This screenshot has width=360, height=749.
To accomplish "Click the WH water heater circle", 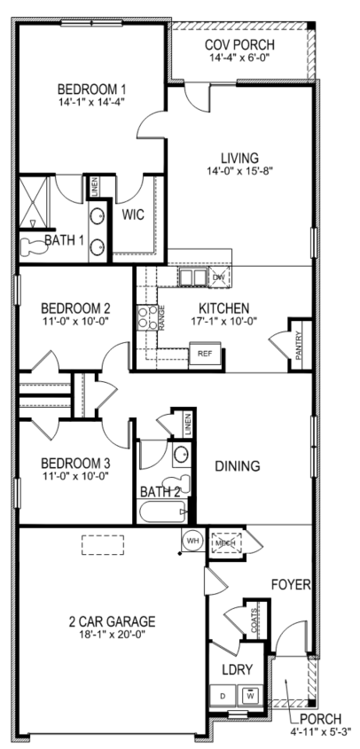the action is [192, 540].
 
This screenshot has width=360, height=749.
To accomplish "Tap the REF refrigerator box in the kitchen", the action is [206, 355].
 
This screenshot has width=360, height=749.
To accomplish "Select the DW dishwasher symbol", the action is [219, 277].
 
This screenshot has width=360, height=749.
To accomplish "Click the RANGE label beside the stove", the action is [161, 317].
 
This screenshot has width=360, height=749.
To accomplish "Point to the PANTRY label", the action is [298, 347].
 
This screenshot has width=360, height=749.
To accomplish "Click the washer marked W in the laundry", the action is [250, 696].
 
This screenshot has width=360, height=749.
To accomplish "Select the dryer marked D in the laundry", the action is [223, 696].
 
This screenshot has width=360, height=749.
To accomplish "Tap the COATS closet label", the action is [254, 617].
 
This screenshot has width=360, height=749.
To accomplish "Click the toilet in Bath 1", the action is [32, 246].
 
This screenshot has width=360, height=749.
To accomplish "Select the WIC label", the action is [133, 215].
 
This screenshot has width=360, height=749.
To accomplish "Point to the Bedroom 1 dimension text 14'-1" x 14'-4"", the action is [91, 101].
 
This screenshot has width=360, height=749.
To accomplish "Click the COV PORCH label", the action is [239, 45].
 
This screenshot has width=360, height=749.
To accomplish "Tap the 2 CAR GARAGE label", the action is [112, 621].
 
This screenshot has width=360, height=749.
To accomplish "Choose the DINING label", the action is [237, 465].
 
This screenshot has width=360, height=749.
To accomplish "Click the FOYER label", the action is [291, 585].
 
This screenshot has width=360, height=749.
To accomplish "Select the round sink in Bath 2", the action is [181, 454].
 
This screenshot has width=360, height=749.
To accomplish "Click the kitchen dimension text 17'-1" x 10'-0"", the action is [223, 321].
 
